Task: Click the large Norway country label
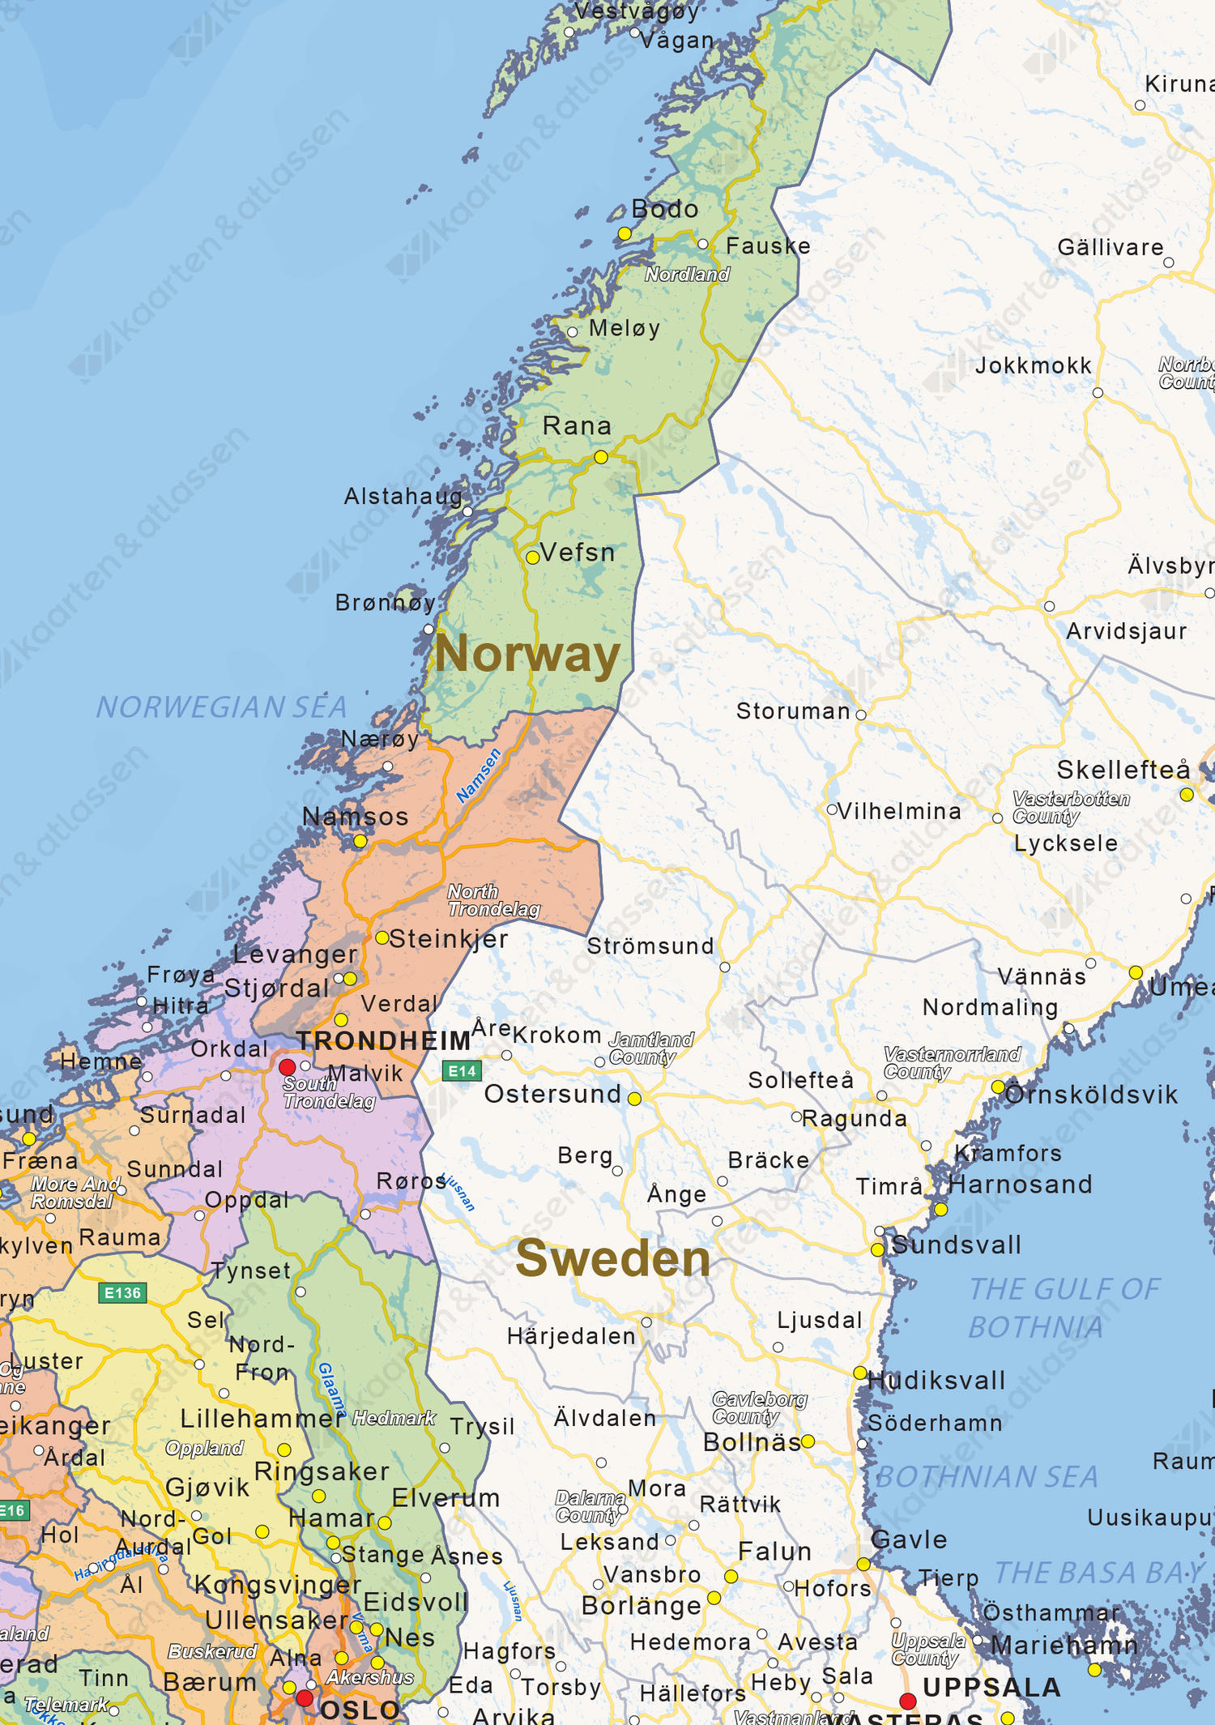[527, 655]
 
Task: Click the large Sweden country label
[613, 1258]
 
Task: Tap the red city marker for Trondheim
[288, 1066]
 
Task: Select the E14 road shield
[463, 1071]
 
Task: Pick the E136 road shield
[122, 1292]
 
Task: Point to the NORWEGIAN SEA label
[221, 707]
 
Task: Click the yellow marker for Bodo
[625, 234]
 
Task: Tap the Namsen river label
[479, 776]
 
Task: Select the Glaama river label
[331, 1389]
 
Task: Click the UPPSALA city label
[991, 1688]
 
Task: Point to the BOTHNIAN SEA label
[987, 1477]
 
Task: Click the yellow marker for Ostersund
[635, 1099]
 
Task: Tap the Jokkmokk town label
[1034, 366]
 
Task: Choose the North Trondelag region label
[493, 901]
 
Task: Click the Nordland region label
[687, 275]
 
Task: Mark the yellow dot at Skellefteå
[1187, 795]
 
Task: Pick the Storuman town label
[793, 711]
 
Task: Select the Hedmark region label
[394, 1418]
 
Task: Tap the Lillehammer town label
[262, 1419]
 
